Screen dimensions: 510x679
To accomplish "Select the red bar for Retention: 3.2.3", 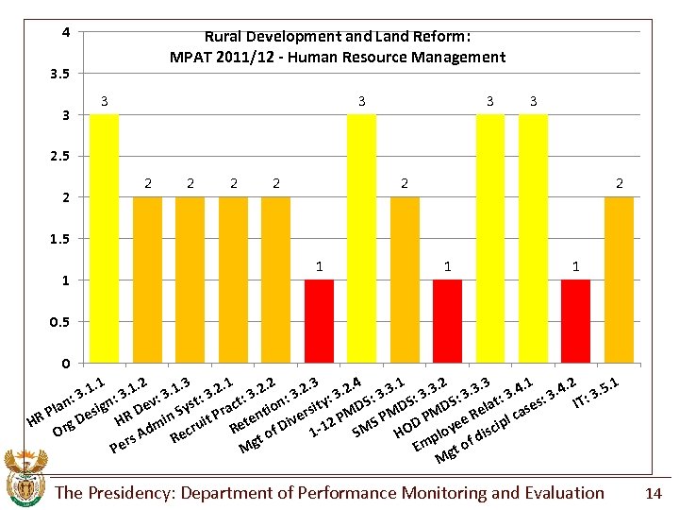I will [319, 321].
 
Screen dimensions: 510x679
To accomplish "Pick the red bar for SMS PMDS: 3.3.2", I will [447, 321].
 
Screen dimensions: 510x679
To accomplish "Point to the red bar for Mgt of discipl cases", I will [575, 321].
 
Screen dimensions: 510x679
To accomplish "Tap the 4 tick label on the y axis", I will [65, 32].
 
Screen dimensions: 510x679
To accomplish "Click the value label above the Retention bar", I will [319, 267].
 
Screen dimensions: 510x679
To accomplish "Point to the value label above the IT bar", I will [619, 183].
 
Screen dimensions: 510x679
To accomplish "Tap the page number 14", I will [654, 493].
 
